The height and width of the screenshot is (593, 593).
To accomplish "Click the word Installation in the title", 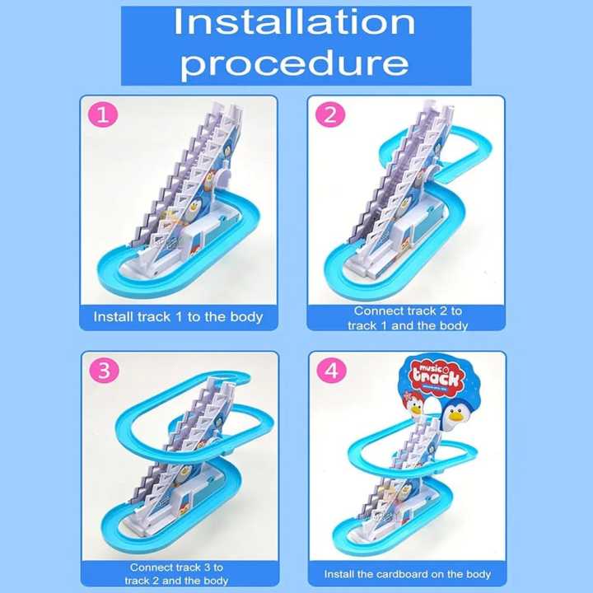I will click(x=294, y=22).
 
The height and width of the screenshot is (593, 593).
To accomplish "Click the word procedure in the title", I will click(x=294, y=63).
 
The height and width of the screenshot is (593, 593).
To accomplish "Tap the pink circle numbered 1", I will click(x=101, y=116).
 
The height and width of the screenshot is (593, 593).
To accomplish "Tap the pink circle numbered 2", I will click(x=330, y=116).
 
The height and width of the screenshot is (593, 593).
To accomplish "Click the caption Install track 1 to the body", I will click(x=178, y=316).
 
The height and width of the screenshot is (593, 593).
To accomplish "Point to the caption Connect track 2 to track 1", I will click(x=408, y=318).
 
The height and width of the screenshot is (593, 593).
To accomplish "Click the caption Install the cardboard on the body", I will click(x=408, y=574).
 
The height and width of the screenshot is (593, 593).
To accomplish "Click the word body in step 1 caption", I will click(x=246, y=316).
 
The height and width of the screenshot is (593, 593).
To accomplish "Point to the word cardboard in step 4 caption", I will click(x=419, y=574).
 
